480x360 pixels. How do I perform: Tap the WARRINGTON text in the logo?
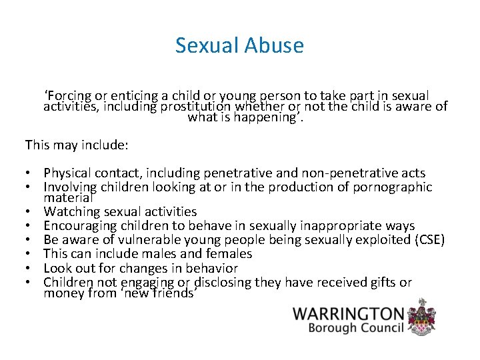pyautogui.click(x=349, y=314)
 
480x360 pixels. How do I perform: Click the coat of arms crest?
pyautogui.click(x=422, y=317)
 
